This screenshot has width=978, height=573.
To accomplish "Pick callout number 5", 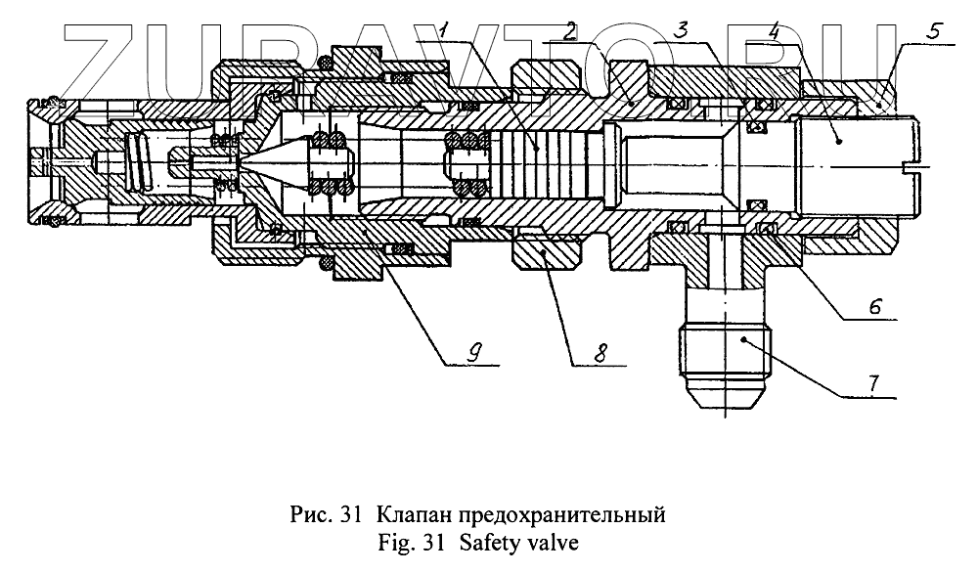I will click(934, 30).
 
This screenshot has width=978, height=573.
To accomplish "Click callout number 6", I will click(876, 306).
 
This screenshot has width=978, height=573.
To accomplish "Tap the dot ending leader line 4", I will click(839, 140).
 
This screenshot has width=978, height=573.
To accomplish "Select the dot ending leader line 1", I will click(536, 147).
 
